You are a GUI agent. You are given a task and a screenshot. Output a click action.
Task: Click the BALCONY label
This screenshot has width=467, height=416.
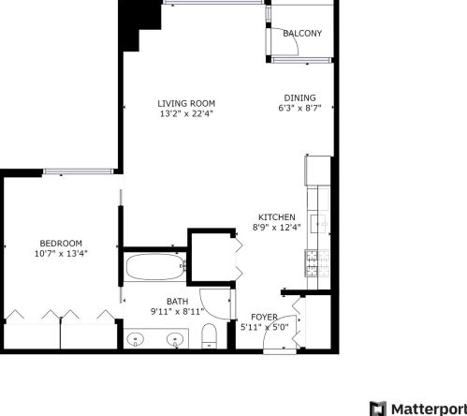[302, 34]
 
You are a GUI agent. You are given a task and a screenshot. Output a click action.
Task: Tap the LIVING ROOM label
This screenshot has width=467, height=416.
[186, 103]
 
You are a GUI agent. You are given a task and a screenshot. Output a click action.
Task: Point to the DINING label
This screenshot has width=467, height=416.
[300, 97]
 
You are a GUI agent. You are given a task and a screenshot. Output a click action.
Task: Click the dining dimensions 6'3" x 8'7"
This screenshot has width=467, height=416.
[300, 109]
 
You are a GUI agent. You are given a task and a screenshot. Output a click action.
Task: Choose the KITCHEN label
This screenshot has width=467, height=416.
[276, 216]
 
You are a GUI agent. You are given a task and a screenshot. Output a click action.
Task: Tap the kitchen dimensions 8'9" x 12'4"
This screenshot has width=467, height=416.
[276, 228]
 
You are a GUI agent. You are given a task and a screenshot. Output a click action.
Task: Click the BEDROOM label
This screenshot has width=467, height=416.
[61, 243]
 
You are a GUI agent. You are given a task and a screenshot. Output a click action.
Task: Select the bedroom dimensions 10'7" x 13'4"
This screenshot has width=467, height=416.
[61, 254]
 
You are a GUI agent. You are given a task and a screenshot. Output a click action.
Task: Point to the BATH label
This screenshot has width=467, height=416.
[177, 301]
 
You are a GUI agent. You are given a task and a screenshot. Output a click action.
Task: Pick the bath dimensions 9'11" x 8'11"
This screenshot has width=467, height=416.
[177, 312]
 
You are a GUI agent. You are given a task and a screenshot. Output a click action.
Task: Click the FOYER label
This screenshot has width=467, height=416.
[265, 318]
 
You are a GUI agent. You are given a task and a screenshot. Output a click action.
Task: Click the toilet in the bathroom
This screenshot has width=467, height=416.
[210, 338]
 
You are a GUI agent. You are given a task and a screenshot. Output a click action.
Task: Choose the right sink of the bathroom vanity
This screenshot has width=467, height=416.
[175, 340]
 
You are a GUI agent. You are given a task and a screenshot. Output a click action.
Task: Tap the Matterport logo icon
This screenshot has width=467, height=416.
[377, 408]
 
